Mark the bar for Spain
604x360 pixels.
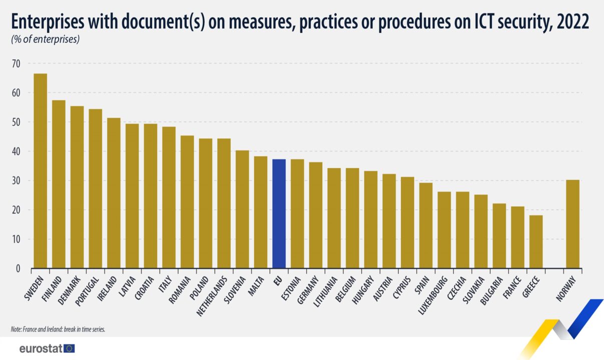(x=426, y=225)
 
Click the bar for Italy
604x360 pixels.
(x=169, y=197)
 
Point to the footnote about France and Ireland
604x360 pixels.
(x=58, y=329)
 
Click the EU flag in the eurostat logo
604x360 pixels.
(x=70, y=348)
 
